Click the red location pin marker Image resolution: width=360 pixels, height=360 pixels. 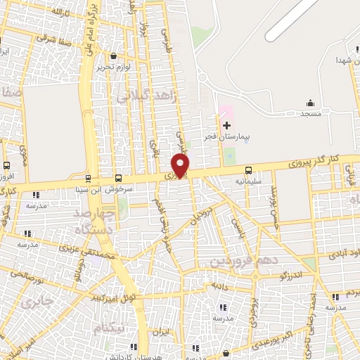coord(181,165)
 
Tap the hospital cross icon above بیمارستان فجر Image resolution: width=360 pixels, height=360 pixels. coord(226,125)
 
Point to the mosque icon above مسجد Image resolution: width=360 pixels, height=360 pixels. coord(311,103)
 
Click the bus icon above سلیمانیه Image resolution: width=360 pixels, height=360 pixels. coord(248,169)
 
